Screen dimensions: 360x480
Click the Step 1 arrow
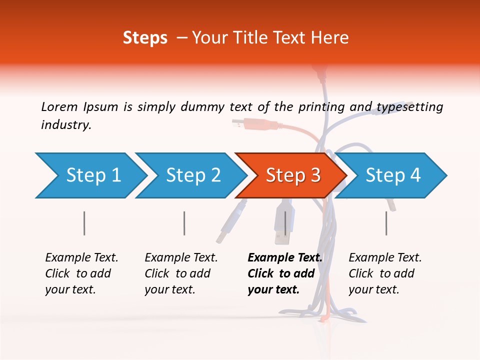(92, 175)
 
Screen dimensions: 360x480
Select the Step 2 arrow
(192, 175)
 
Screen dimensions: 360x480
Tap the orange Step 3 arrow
(292, 175)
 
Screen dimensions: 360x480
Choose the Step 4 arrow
(392, 175)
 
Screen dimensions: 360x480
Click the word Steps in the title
(145, 37)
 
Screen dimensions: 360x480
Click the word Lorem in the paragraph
(59, 106)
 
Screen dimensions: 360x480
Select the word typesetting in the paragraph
(409, 107)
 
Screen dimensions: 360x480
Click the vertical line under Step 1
(84, 223)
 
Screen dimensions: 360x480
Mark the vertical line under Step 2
(184, 223)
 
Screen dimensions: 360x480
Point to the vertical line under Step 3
(285, 223)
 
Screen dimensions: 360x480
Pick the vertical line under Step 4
(386, 223)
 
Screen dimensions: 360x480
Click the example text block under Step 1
(81, 273)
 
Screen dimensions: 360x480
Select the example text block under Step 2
(181, 273)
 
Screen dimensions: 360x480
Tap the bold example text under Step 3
(284, 273)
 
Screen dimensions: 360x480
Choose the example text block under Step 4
(385, 273)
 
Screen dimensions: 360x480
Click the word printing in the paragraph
(320, 106)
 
